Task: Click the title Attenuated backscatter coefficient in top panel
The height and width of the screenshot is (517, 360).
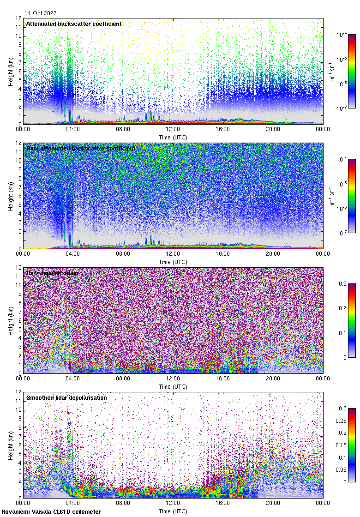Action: (x=74, y=24)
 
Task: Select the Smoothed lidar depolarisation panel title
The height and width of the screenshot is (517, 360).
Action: (x=66, y=397)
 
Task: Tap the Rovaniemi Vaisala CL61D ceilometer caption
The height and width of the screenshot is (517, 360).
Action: (x=51, y=511)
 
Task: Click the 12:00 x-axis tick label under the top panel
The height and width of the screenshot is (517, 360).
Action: (x=173, y=130)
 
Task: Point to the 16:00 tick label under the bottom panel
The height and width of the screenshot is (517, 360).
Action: (x=222, y=504)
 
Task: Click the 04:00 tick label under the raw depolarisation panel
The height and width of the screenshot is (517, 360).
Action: (x=73, y=379)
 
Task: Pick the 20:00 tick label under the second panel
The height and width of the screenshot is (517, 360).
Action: (x=272, y=254)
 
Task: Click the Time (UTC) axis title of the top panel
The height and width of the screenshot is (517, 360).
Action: (x=173, y=137)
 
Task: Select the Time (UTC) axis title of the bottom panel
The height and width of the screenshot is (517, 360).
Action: (x=173, y=511)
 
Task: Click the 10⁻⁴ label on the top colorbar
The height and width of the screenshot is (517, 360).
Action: (x=342, y=35)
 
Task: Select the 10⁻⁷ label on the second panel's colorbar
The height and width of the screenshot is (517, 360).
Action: (x=342, y=233)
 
